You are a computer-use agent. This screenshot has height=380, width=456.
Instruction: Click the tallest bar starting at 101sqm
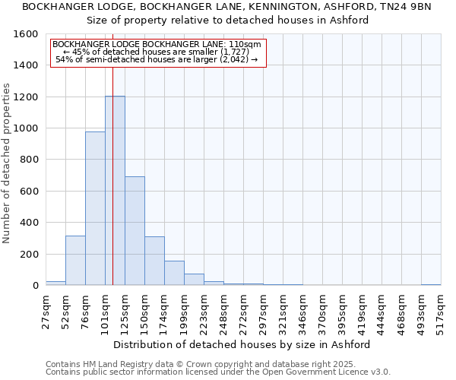click(x=115, y=190)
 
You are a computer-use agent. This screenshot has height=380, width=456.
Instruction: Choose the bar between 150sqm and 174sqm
click(x=154, y=261)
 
